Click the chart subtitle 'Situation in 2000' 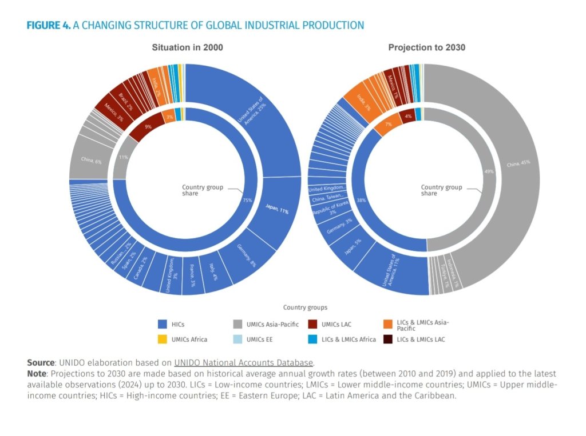pos(187,47)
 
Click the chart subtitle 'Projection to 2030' pos(426,47)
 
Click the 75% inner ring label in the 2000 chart pos(247,200)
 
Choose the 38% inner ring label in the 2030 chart pos(361,201)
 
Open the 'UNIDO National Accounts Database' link pos(244,362)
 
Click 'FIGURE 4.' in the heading pos(49,25)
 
